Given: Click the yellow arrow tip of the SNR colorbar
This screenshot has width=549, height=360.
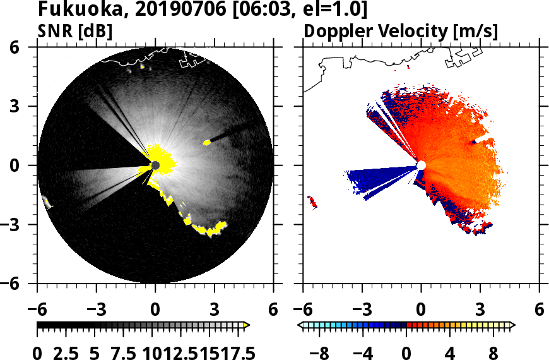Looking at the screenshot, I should click(x=247, y=325).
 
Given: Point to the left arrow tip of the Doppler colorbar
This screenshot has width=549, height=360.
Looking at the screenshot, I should click(x=301, y=325).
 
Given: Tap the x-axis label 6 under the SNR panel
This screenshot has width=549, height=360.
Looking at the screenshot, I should click(x=273, y=310).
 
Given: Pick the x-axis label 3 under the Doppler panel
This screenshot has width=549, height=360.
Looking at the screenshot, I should click(x=480, y=310).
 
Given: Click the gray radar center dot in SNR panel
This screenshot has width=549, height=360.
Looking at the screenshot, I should click(x=155, y=165).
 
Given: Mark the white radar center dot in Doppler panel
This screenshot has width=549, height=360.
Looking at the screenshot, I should click(x=421, y=165).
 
